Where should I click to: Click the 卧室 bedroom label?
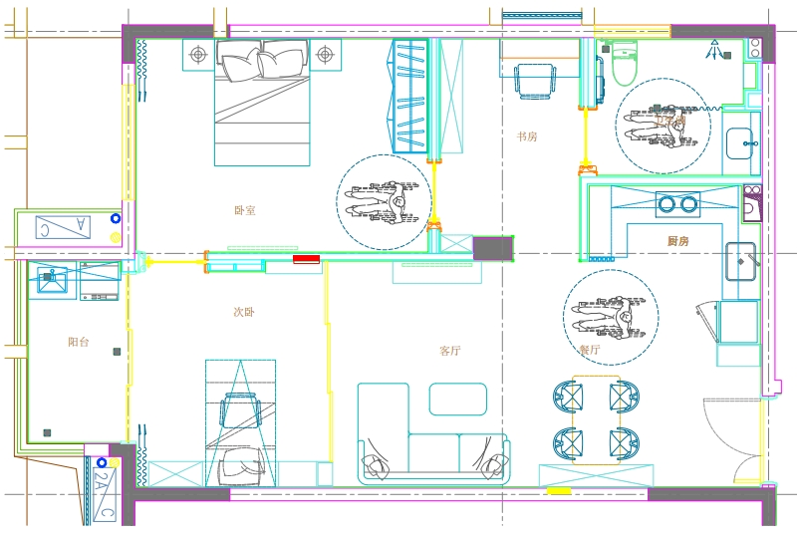point(245,210)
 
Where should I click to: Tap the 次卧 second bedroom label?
point(244,312)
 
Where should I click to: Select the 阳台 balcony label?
point(79,342)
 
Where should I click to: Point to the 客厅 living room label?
point(450,351)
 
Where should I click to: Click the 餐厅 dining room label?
point(590,350)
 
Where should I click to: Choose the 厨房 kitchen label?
point(678,241)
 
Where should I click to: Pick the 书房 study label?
point(527,136)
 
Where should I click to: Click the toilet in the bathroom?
point(625,65)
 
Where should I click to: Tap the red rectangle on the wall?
point(306,259)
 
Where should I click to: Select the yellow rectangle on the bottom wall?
point(559,491)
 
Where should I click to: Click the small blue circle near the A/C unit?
point(116,217)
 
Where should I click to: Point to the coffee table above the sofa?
point(458,399)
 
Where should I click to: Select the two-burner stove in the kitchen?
point(677,204)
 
